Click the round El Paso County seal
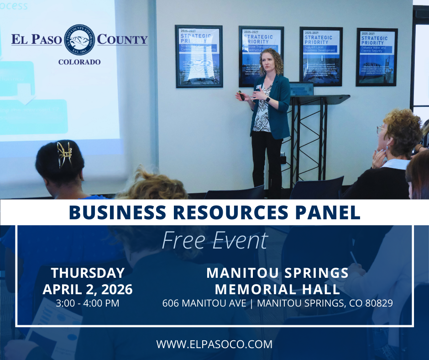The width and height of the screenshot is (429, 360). click(x=79, y=40)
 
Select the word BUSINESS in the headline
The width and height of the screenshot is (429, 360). click(x=114, y=212)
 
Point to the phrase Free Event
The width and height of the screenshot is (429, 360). click(x=214, y=240)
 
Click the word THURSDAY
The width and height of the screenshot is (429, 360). click(x=88, y=273)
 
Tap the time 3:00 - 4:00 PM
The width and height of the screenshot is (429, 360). click(x=87, y=303)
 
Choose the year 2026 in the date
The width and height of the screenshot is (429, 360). click(x=115, y=289)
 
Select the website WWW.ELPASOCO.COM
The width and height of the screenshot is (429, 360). click(x=214, y=344)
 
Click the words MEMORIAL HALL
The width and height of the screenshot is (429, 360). click(x=277, y=289)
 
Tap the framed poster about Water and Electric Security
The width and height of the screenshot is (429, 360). click(x=377, y=57)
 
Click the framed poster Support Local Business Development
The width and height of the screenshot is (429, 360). click(x=321, y=56)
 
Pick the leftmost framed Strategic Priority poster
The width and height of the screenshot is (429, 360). click(x=199, y=56)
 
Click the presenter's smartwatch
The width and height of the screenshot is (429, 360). click(x=268, y=99)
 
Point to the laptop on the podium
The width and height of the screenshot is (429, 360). click(x=302, y=89)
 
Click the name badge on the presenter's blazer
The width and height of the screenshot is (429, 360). click(x=258, y=86)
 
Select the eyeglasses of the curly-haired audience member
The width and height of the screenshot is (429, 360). click(x=380, y=130)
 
